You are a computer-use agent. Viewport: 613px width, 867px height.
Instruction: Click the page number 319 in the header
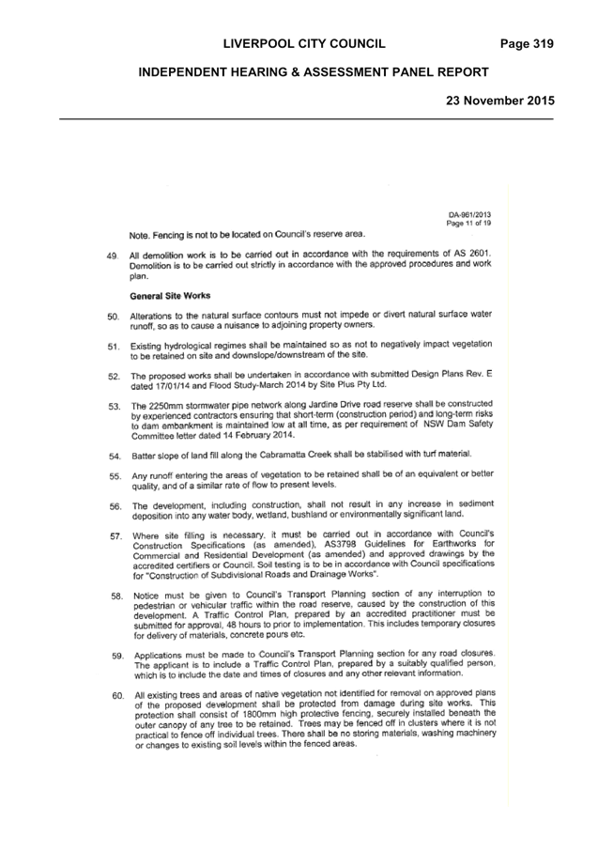543,44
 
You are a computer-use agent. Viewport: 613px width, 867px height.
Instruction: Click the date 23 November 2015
500,101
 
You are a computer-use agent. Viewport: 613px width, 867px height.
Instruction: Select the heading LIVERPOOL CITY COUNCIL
304,44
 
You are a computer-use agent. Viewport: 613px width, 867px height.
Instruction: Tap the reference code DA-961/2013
469,214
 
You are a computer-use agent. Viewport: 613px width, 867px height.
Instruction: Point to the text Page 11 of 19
468,224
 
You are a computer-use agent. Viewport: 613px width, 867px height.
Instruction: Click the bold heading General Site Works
170,296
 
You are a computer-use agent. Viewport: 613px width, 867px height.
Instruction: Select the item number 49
113,256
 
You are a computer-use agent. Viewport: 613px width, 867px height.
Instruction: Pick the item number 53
115,407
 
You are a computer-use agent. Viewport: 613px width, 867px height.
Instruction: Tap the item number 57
115,535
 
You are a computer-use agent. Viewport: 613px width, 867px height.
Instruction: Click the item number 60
117,696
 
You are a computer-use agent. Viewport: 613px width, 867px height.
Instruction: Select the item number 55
115,476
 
